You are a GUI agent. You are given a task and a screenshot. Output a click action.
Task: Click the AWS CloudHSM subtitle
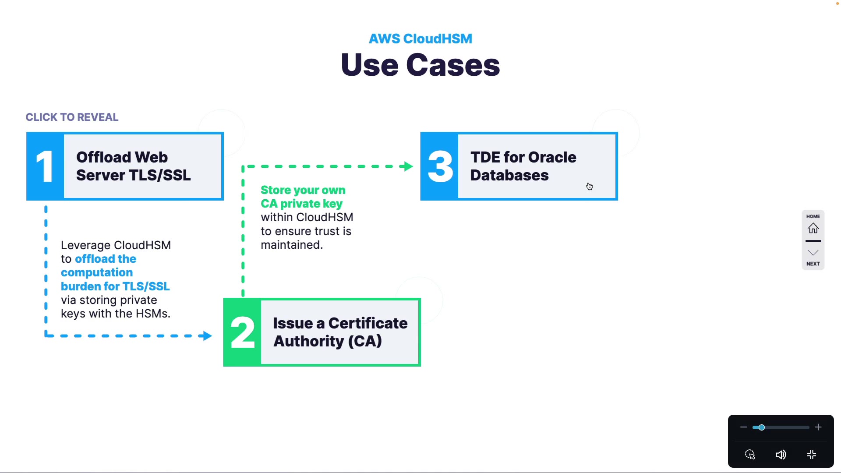coord(420,39)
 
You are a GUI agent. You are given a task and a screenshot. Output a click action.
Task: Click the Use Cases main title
coord(420,65)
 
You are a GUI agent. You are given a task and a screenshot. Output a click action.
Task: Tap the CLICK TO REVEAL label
coord(72,117)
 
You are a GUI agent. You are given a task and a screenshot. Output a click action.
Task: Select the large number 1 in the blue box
coord(45,166)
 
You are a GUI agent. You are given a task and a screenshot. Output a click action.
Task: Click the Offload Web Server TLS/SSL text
coord(133,166)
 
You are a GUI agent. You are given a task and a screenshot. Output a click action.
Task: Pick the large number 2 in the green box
coord(242,332)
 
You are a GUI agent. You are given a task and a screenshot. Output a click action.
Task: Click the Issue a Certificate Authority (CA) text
coord(340,332)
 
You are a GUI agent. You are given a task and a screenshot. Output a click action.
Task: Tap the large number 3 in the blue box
coord(440,166)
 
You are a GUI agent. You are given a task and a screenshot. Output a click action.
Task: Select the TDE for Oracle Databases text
coord(523,166)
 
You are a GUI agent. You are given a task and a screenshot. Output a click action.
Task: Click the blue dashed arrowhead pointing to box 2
coord(205,336)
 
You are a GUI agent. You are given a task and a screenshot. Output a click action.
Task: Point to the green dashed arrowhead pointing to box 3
coord(408,166)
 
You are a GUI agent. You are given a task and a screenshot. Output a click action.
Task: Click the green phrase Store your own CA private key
coord(303,197)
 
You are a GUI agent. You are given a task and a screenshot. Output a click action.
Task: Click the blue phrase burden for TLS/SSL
coord(115,286)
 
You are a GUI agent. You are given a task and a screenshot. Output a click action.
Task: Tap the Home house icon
coord(813,228)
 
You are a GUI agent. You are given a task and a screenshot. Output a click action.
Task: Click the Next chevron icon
coord(813,253)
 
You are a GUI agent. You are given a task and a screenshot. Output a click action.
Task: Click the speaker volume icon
coord(781,455)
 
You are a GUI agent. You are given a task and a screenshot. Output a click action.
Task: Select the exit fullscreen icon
coord(812,455)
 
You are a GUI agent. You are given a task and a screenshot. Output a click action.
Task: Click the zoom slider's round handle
coord(762,427)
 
